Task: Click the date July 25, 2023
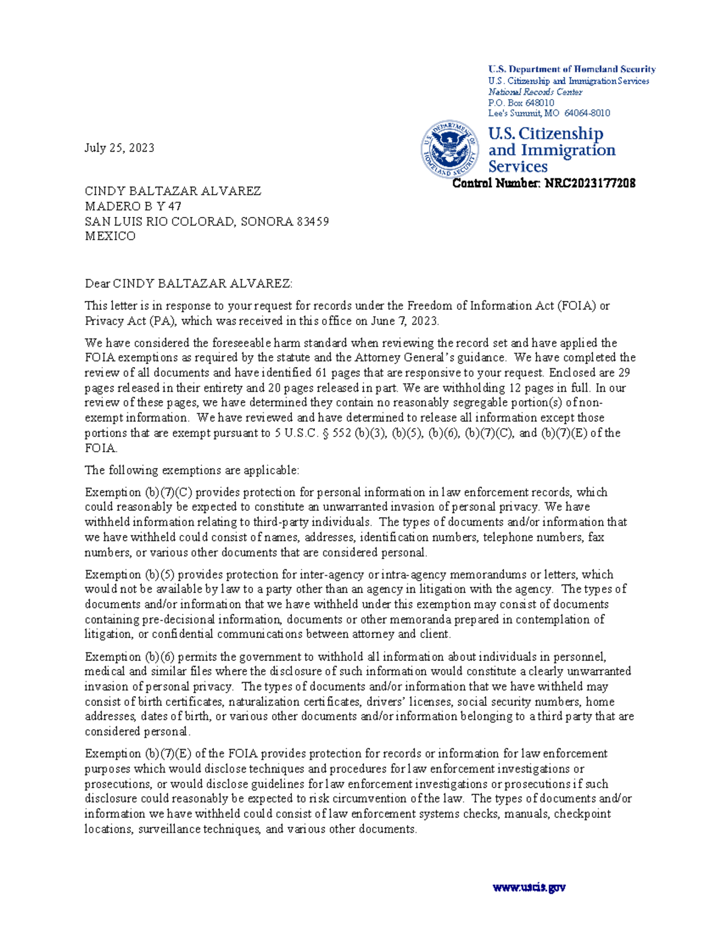point(119,148)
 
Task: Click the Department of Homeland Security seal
point(449,149)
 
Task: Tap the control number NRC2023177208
point(589,183)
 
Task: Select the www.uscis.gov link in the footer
point(529,887)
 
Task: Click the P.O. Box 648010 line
point(521,103)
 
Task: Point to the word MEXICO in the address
point(110,236)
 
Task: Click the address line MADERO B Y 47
point(133,206)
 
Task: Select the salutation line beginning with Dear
point(188,284)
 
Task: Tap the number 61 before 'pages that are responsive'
point(321,372)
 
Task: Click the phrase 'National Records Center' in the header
point(535,92)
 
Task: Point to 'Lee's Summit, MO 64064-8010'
point(549,113)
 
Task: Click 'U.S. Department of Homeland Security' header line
point(571,69)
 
